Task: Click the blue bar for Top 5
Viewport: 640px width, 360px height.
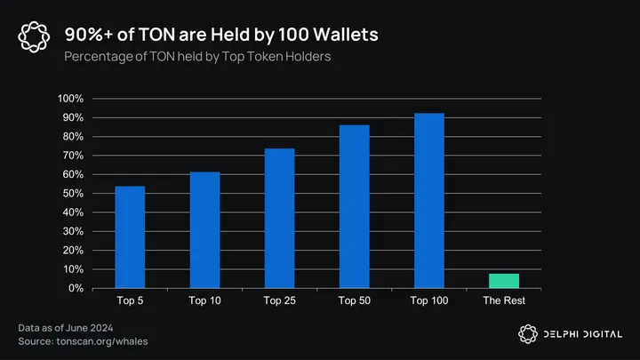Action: [x=130, y=237]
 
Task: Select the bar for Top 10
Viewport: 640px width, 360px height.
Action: [x=204, y=230]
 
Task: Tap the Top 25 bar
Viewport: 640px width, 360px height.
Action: [x=279, y=219]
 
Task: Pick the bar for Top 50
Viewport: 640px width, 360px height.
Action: [x=354, y=207]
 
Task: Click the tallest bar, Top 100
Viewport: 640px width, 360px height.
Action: [x=428, y=201]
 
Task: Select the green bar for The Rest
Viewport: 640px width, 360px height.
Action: [x=504, y=281]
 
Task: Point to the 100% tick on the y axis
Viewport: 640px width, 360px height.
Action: [x=71, y=99]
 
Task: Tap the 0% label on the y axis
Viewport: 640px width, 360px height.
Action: [x=76, y=289]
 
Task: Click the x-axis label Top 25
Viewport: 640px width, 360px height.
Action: [x=279, y=300]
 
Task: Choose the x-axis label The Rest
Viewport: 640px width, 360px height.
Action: [x=504, y=300]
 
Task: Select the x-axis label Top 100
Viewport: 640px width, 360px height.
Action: [x=428, y=300]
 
